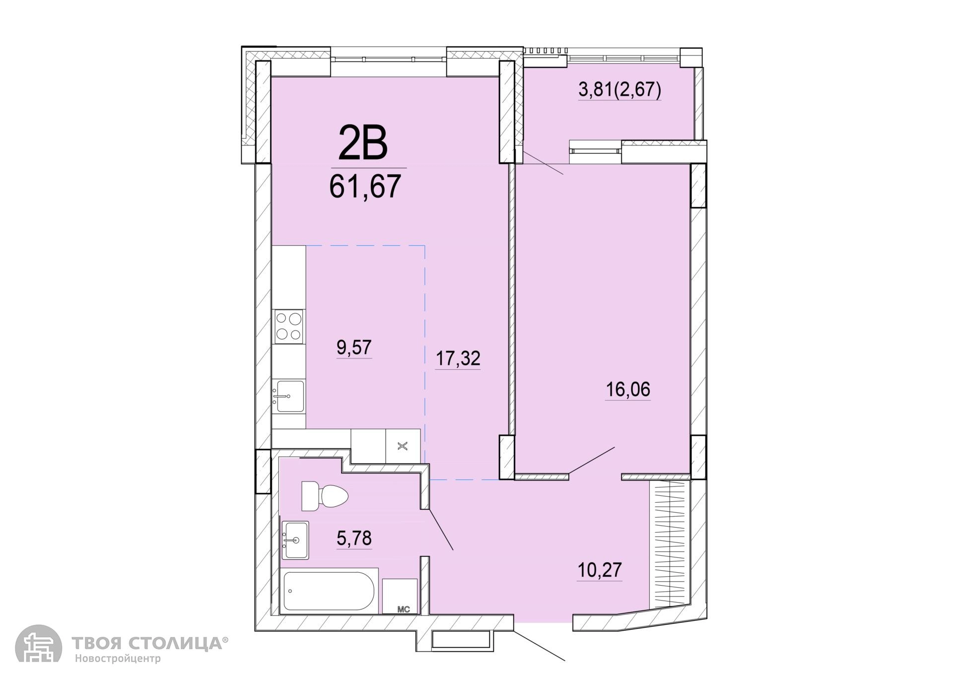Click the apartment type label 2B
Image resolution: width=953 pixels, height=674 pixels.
[363, 143]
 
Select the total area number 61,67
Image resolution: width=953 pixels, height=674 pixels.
[365, 187]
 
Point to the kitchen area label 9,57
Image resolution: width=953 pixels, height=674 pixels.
[354, 347]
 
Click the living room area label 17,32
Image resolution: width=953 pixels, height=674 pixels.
[458, 358]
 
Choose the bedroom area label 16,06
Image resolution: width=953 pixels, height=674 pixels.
[628, 390]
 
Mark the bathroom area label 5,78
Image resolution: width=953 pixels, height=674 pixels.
[354, 538]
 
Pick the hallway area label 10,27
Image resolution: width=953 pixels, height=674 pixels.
[600, 570]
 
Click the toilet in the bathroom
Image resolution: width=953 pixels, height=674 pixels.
[325, 495]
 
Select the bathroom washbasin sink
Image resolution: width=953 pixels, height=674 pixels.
[295, 540]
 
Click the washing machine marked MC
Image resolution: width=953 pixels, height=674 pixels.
[400, 596]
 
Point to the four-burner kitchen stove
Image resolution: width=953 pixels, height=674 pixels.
[288, 326]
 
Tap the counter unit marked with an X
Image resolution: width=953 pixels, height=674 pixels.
[403, 446]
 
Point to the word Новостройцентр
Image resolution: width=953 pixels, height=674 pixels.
[118, 659]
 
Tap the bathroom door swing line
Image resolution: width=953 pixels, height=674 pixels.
[441, 529]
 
